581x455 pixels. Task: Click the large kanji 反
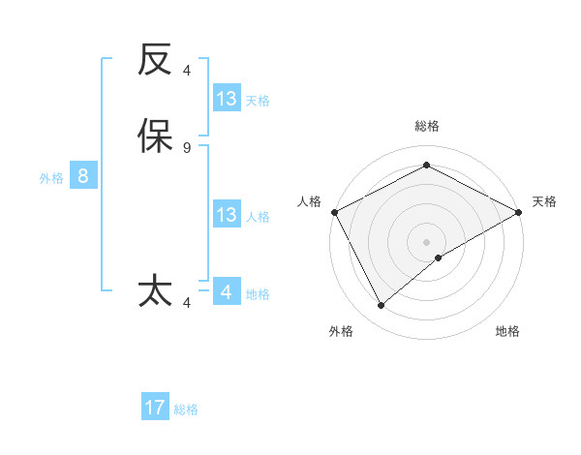point(155,61)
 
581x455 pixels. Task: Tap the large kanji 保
point(155,136)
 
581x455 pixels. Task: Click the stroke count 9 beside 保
point(187,147)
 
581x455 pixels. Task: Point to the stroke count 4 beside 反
point(187,71)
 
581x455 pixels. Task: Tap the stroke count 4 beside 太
point(187,303)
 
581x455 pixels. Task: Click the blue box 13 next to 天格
point(227,99)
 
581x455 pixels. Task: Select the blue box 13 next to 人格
point(227,215)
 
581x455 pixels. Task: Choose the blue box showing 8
point(83,176)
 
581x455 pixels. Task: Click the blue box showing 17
point(155,408)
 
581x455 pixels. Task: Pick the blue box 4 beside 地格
point(227,292)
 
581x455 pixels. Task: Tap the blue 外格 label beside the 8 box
point(51,178)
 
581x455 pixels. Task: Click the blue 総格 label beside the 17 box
point(186,409)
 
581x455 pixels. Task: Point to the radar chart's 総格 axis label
point(427,126)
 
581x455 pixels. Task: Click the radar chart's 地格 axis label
point(507,331)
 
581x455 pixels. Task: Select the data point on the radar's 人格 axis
point(334,212)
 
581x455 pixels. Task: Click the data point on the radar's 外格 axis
point(382,305)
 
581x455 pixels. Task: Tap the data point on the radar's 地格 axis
point(439,258)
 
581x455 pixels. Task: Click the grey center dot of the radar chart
point(427,242)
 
